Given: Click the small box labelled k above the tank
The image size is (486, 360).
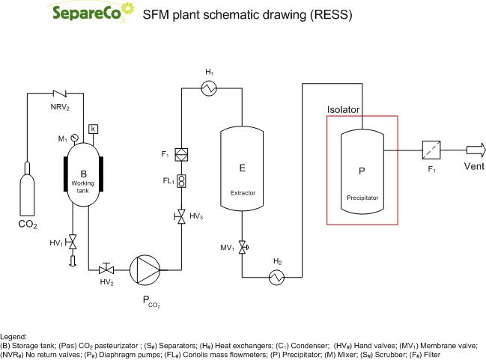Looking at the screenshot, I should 94,129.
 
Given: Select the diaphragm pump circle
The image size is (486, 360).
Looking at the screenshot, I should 145,269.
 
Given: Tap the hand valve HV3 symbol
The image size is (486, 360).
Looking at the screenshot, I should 180,217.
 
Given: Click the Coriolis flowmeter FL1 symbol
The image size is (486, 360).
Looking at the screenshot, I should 180,180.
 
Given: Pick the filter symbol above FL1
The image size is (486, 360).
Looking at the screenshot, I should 180,154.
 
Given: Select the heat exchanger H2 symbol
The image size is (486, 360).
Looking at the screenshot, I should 277,277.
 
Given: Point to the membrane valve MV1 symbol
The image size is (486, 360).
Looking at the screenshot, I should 243,247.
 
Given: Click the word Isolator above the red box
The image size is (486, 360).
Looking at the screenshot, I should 344,110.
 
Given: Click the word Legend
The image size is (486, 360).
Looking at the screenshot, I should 14,338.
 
